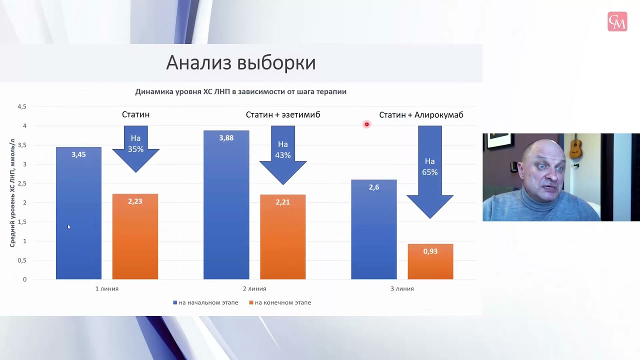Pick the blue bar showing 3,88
(x=226, y=205)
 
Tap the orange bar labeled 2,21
(x=282, y=237)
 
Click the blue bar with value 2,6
(x=373, y=229)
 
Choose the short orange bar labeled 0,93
(x=430, y=261)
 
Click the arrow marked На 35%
(x=135, y=147)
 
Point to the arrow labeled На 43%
(x=282, y=152)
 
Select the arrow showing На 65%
(x=429, y=170)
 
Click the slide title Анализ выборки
(x=240, y=63)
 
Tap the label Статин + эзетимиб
(x=282, y=115)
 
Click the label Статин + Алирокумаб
(x=421, y=115)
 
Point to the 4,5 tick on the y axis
(x=22, y=106)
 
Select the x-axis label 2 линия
(x=254, y=288)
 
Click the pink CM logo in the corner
(x=617, y=21)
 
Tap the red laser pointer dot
(x=366, y=124)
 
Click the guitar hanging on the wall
(x=575, y=147)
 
